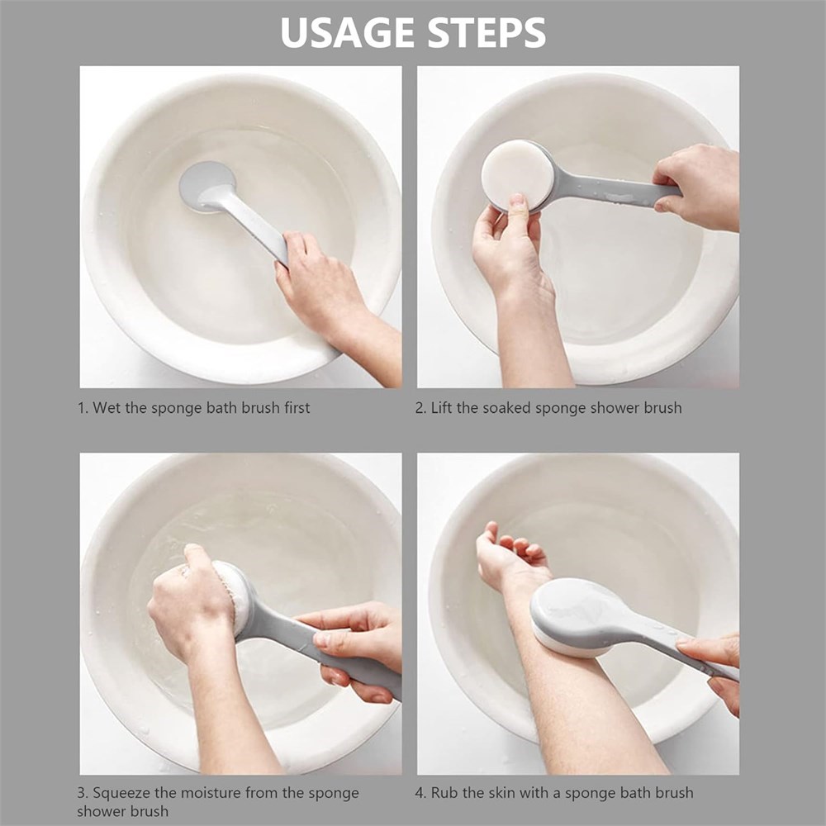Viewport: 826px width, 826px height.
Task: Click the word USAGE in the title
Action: pos(348,33)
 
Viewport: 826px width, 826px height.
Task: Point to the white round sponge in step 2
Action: pos(517,174)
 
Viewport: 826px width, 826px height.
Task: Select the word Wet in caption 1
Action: pos(107,408)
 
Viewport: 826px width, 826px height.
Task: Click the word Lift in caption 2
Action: pos(441,408)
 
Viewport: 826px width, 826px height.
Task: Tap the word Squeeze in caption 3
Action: pos(118,793)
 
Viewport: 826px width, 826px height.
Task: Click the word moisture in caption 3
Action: pos(207,793)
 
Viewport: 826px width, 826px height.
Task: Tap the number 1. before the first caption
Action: pos(83,408)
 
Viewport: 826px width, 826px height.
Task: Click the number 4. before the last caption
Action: pos(420,793)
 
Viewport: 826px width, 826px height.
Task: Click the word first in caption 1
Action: pos(297,408)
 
